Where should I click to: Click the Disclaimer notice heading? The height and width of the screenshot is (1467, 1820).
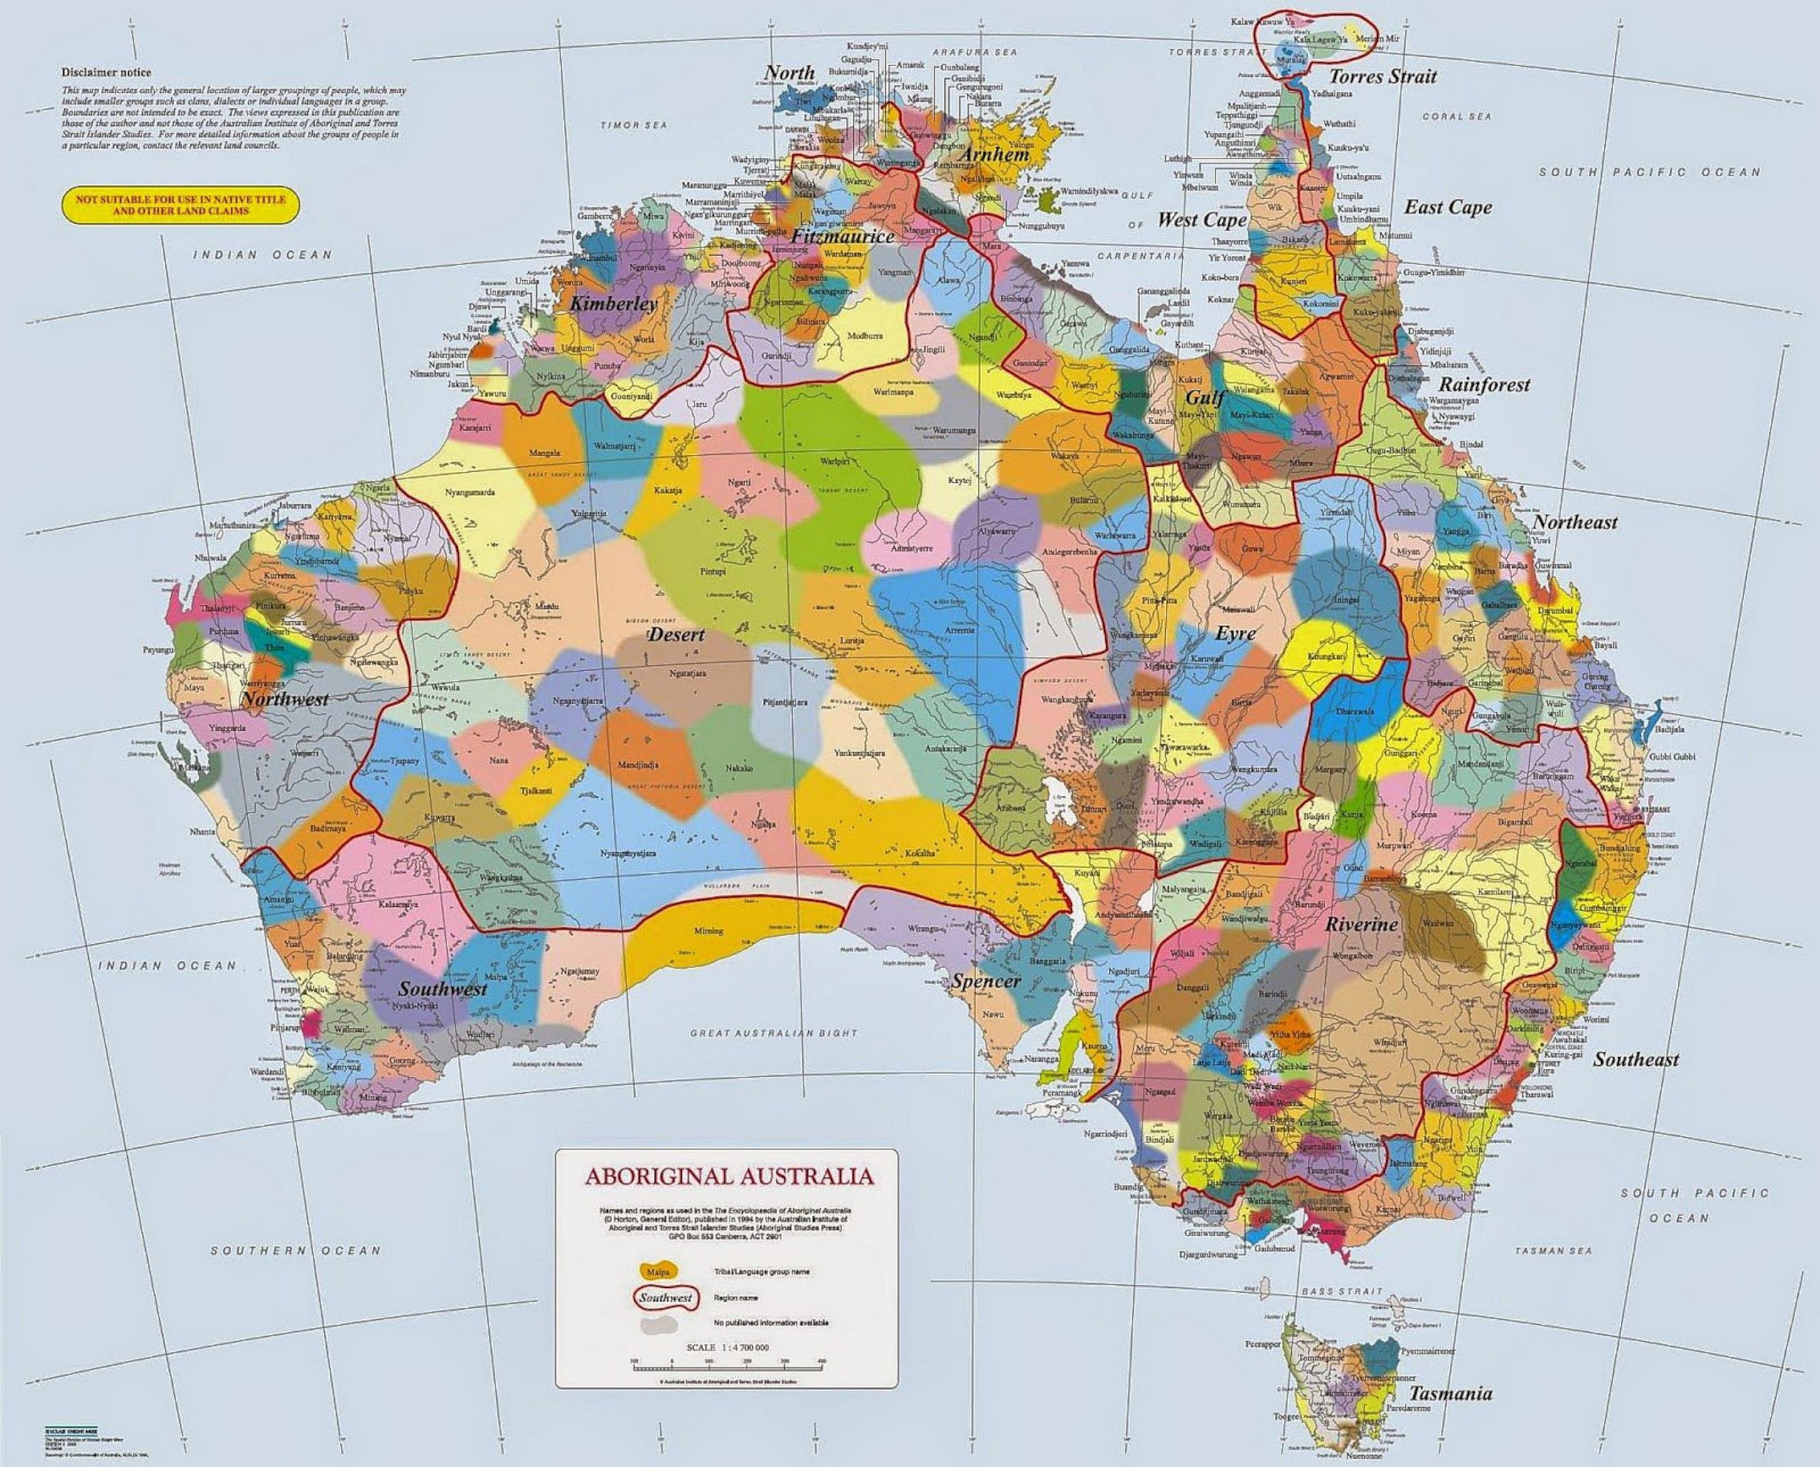click(x=106, y=72)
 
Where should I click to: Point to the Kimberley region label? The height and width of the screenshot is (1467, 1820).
click(x=613, y=304)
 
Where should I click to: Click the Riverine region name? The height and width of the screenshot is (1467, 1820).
click(x=1361, y=925)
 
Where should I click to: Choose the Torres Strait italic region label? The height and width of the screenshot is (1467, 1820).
click(x=1383, y=77)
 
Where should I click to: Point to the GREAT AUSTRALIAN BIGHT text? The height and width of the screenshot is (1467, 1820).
click(x=773, y=1033)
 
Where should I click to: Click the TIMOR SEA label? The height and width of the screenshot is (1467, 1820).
click(x=634, y=125)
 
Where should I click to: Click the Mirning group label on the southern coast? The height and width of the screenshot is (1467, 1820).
click(x=711, y=931)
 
